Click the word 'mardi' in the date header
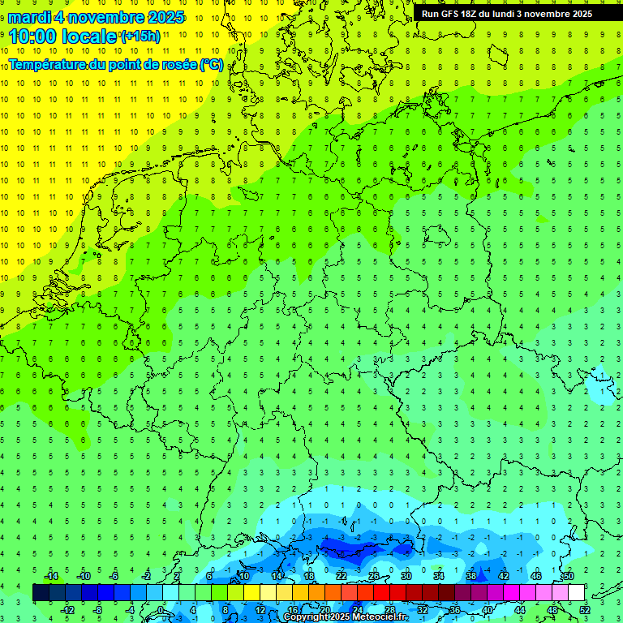pyautogui.click(x=29, y=17)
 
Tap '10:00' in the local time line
pyautogui.click(x=32, y=37)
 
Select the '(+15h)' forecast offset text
pyautogui.click(x=140, y=37)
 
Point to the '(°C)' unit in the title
pyautogui.click(x=211, y=64)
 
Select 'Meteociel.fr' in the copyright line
pyautogui.click(x=380, y=617)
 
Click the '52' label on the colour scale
pyautogui.click(x=584, y=609)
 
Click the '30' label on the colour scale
pyautogui.click(x=406, y=576)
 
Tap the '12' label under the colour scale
pyautogui.click(x=260, y=609)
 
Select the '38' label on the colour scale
pyautogui.click(x=470, y=576)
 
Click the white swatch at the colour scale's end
pyautogui.click(x=576, y=593)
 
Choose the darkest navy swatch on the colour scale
pyautogui.click(x=41, y=593)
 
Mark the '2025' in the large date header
pyautogui.click(x=162, y=17)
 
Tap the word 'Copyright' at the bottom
pyautogui.click(x=307, y=617)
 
